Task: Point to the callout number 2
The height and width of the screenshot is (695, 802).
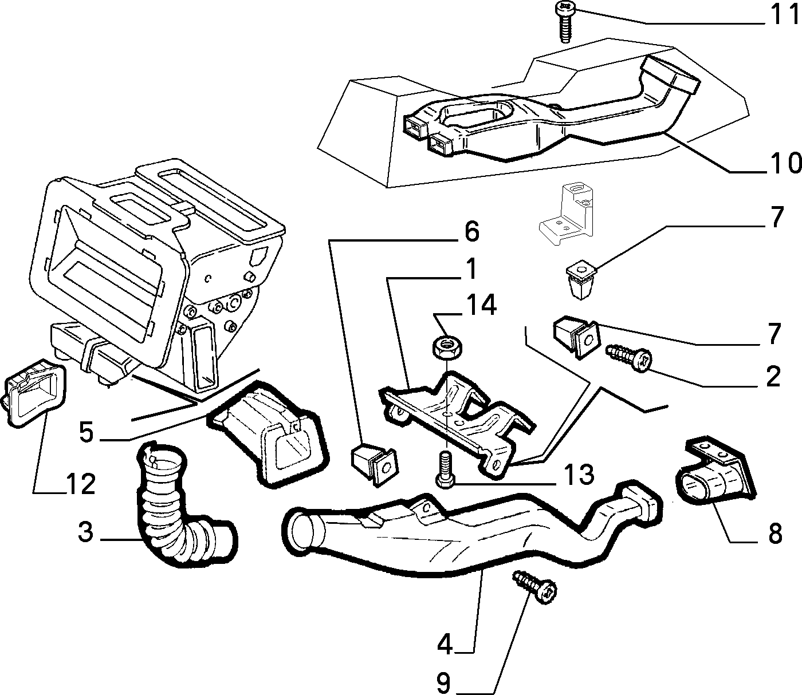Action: pyautogui.click(x=773, y=376)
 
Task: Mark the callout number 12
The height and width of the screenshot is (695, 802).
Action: pyautogui.click(x=81, y=484)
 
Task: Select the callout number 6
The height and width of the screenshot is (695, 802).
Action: pyautogui.click(x=472, y=232)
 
